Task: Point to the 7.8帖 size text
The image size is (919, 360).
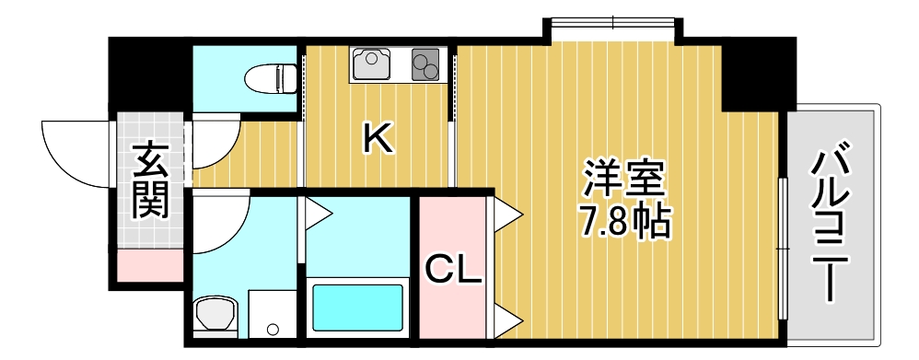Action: pyautogui.click(x=624, y=222)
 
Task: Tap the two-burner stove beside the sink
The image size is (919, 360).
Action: pyautogui.click(x=426, y=64)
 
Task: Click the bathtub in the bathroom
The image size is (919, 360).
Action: pyautogui.click(x=357, y=308)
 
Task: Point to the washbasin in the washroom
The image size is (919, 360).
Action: pyautogui.click(x=215, y=314)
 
